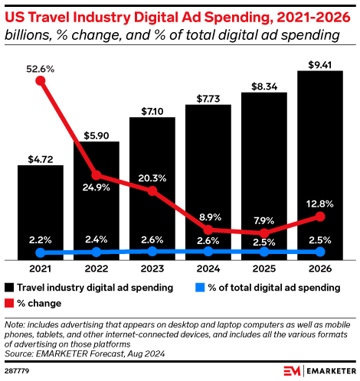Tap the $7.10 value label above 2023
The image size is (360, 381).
point(152,111)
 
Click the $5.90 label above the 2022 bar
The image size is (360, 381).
point(97,135)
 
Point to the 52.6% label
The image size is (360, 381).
point(41,68)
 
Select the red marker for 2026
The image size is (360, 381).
point(320,217)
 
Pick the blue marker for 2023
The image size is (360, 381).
point(152,251)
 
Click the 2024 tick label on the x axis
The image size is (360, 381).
point(208,269)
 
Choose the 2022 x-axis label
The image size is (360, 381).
point(97,269)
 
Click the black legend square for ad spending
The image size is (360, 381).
point(9,288)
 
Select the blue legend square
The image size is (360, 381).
point(198,288)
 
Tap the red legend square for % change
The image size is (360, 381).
point(9,303)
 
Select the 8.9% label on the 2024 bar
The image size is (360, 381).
point(208,217)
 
